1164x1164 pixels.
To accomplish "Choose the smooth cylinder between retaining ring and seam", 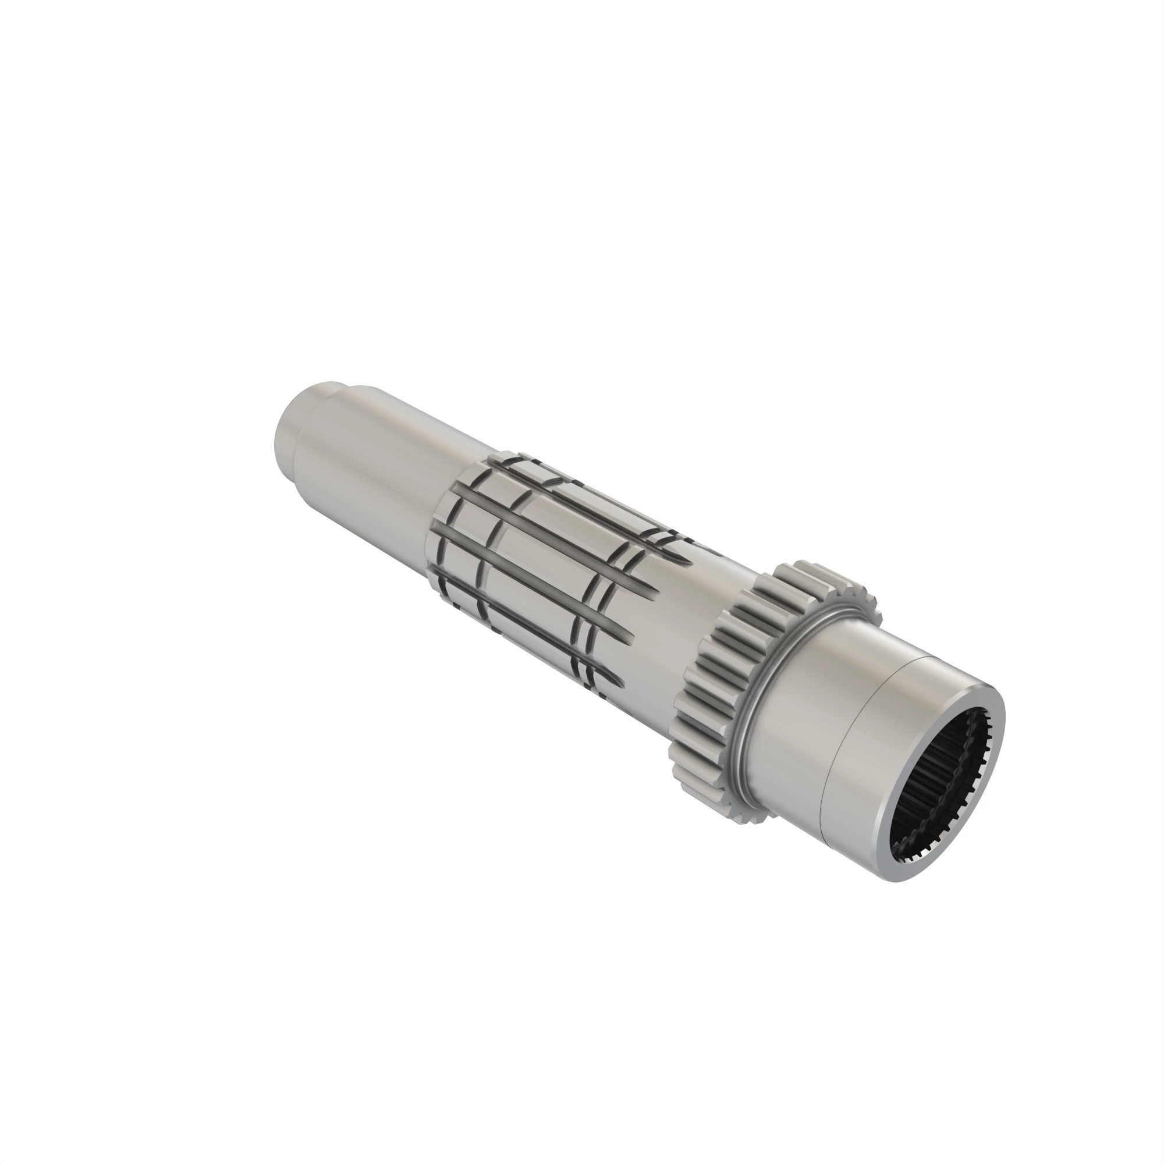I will (795, 723).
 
